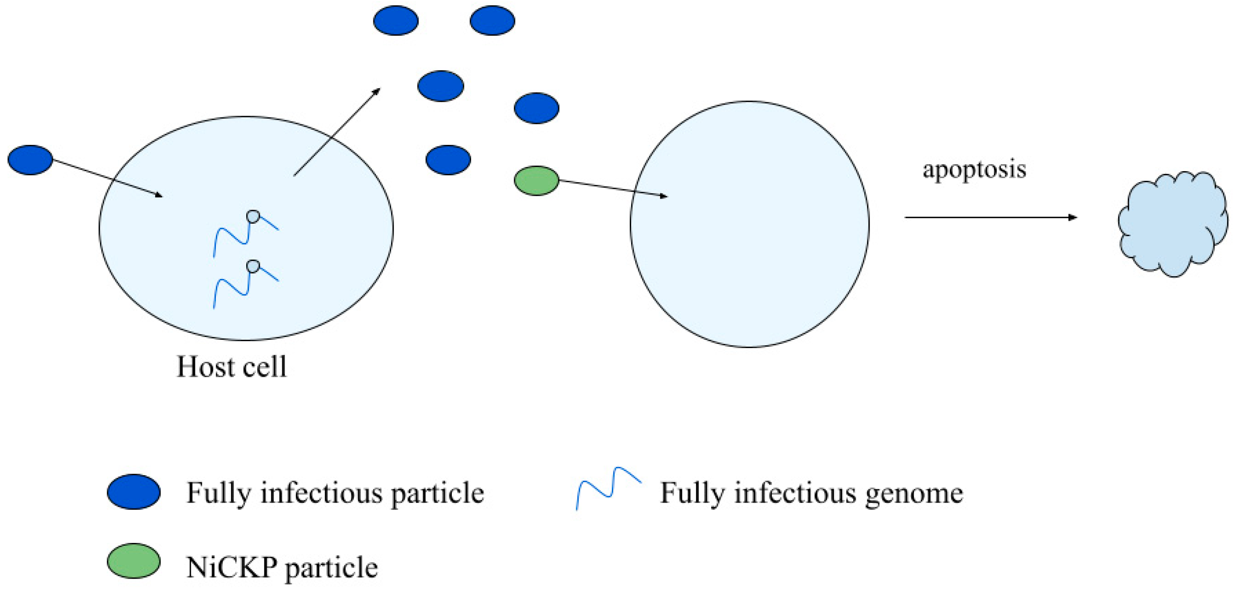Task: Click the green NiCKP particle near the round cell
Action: tap(536, 181)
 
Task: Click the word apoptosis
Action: tap(974, 169)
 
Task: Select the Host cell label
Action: tap(232, 367)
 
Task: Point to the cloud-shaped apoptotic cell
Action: tap(1172, 224)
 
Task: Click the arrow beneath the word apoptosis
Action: tap(990, 218)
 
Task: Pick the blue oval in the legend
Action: tap(134, 492)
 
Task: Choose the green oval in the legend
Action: tap(134, 561)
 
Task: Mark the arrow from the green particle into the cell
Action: tap(613, 188)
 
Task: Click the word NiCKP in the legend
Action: tap(231, 568)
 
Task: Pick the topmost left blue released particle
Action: tap(396, 21)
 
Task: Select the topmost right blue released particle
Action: tap(492, 21)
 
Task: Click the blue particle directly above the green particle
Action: tap(536, 108)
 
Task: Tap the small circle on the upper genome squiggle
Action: tap(253, 217)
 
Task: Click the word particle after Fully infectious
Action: tap(437, 493)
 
